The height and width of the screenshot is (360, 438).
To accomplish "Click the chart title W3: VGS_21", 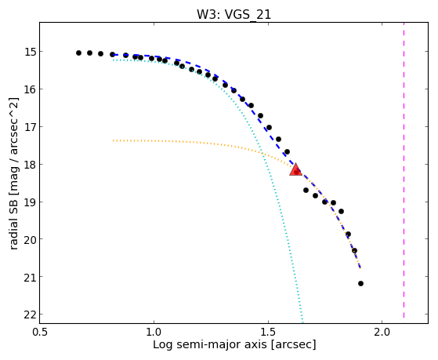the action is [x=233, y=14].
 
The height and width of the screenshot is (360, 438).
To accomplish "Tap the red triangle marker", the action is [x=295, y=169].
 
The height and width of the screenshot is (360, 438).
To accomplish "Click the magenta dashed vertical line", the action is [x=404, y=170].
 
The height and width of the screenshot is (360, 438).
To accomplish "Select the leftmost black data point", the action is [x=78, y=53].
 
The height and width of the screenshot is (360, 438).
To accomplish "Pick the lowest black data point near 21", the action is [x=360, y=283].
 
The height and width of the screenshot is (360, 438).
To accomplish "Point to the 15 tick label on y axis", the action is [x=30, y=52].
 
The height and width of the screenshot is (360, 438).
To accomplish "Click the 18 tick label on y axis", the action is [x=30, y=165].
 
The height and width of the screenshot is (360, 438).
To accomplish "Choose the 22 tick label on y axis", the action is [x=30, y=315].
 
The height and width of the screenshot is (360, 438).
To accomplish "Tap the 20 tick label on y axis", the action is [x=30, y=239].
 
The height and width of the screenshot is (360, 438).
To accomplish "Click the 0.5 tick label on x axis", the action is [x=40, y=333].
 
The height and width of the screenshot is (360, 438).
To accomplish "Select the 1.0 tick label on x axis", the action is [x=154, y=333].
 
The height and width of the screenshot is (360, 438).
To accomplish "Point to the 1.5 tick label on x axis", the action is [x=268, y=333].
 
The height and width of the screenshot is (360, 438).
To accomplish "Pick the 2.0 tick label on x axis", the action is [x=382, y=333].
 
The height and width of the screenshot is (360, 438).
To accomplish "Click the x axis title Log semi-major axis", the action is [x=234, y=344].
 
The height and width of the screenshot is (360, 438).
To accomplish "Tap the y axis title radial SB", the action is [x=14, y=173].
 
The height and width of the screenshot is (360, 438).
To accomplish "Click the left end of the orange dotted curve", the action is [x=114, y=140].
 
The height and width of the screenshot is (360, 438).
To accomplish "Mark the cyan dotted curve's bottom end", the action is [x=302, y=318].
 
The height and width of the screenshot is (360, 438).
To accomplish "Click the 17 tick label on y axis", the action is [x=30, y=127].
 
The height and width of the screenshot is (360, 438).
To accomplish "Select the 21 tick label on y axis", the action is [x=30, y=277].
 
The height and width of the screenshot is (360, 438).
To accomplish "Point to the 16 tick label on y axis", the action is [x=30, y=89].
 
